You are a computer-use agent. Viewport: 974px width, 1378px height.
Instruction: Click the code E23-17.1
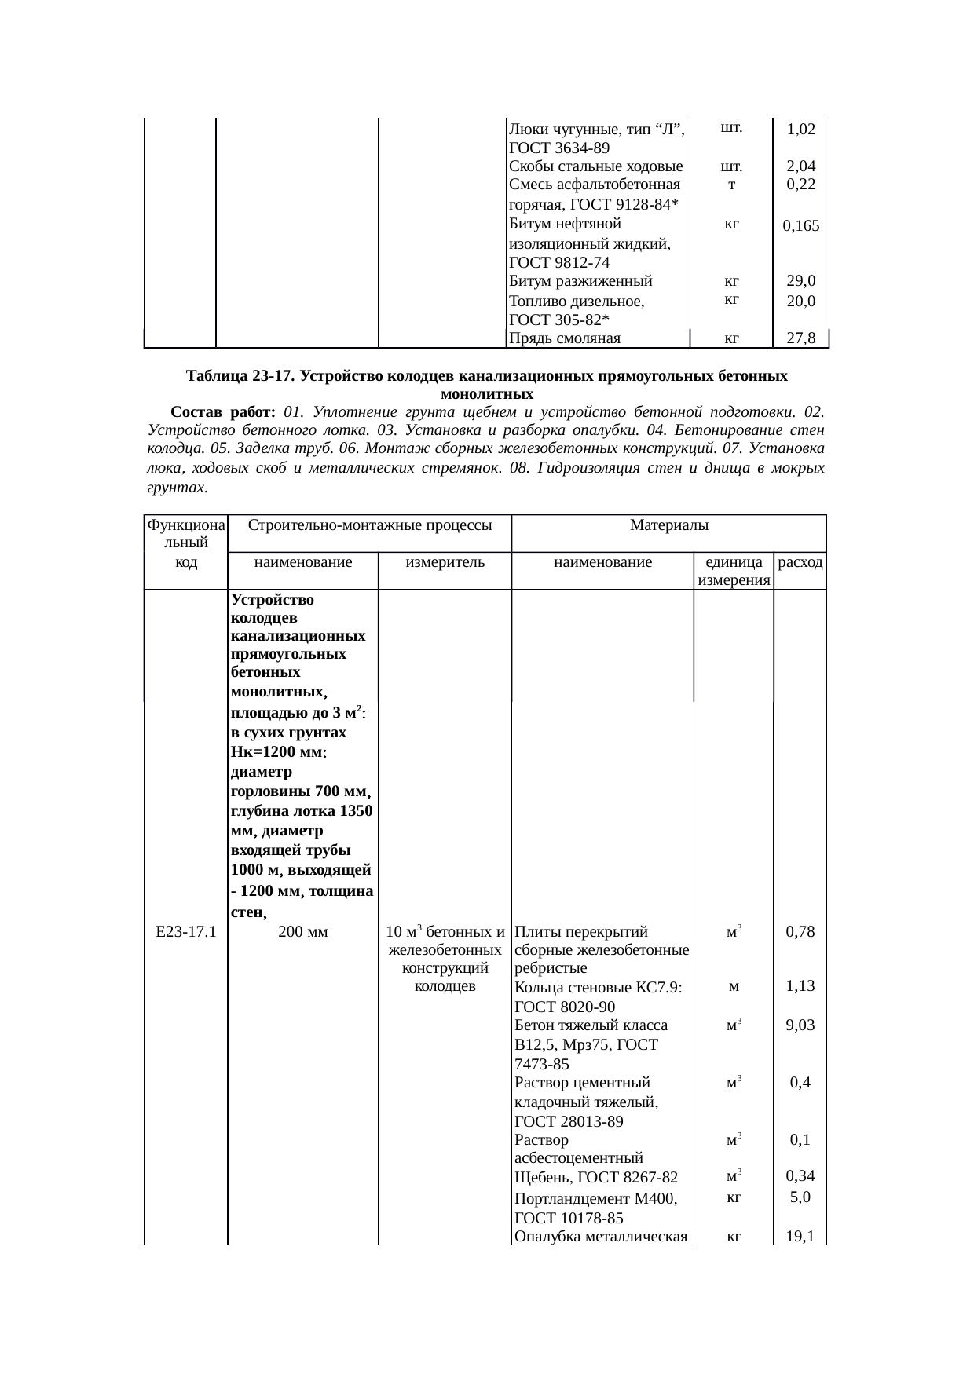pos(186,932)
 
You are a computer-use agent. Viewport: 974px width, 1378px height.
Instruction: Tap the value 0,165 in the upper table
pos(800,226)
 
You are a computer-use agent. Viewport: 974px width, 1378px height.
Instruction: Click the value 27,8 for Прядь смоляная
pos(800,338)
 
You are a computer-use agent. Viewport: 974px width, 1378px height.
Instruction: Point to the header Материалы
pos(668,524)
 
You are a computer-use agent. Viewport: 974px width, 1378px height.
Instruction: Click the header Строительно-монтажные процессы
pos(369,524)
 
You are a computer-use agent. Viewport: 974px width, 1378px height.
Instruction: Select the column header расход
pos(800,562)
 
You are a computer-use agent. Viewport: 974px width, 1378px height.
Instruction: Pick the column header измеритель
pos(445,562)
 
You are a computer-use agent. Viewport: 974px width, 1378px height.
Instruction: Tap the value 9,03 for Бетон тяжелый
pos(800,1025)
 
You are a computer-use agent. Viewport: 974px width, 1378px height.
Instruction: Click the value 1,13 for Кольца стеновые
pos(800,986)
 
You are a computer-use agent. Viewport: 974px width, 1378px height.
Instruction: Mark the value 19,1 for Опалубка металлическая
pos(800,1237)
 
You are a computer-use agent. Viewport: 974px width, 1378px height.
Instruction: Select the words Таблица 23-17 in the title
pos(239,376)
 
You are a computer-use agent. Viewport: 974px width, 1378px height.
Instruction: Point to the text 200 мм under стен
pos(303,932)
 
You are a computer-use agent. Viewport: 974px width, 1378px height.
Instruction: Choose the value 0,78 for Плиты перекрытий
pos(800,932)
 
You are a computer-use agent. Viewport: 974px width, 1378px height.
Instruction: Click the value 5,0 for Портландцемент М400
pos(800,1197)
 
